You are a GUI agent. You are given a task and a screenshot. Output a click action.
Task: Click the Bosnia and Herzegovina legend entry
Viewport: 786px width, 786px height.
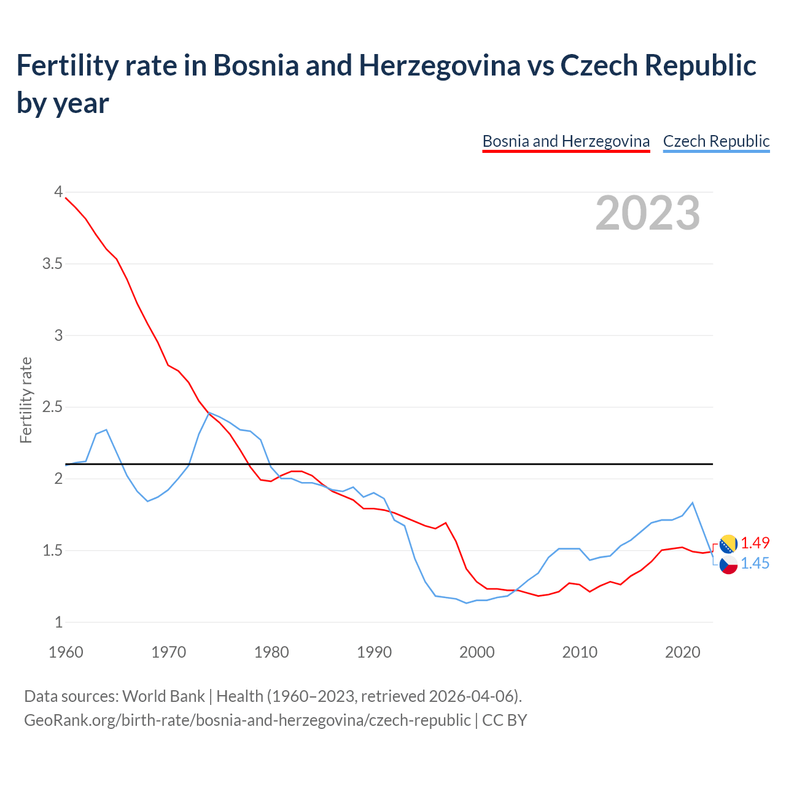pyautogui.click(x=566, y=141)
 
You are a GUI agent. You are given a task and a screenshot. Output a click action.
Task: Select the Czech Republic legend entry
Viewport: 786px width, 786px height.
pyautogui.click(x=716, y=141)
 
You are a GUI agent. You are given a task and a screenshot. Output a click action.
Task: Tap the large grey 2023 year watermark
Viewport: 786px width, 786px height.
pyautogui.click(x=648, y=213)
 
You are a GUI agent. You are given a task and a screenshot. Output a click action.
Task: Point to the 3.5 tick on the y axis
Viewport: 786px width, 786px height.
pyautogui.click(x=52, y=264)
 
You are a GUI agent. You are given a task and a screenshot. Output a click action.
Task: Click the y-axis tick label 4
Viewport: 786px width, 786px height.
pyautogui.click(x=58, y=192)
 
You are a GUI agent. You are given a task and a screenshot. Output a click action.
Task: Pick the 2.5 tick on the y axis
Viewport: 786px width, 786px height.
pyautogui.click(x=52, y=407)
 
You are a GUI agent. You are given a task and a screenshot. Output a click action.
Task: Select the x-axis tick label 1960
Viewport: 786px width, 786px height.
pyautogui.click(x=66, y=652)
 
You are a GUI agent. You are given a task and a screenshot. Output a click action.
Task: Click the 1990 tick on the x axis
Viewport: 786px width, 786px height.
pyautogui.click(x=374, y=652)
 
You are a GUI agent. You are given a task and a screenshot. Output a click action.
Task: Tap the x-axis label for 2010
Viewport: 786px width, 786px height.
pyautogui.click(x=580, y=652)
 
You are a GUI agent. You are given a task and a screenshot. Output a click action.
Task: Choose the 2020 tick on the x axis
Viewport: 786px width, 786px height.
pyautogui.click(x=682, y=652)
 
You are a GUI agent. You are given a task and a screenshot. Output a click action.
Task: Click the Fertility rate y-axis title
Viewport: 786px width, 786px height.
pyautogui.click(x=26, y=400)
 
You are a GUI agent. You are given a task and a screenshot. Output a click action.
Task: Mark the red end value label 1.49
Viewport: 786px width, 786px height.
pyautogui.click(x=755, y=543)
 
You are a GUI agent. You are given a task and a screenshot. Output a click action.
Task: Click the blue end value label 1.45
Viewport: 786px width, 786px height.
pyautogui.click(x=755, y=563)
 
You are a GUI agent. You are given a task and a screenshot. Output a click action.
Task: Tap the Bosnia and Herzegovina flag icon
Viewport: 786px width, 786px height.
pyautogui.click(x=728, y=543)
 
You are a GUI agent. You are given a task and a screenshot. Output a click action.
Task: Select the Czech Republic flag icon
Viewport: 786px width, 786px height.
pyautogui.click(x=728, y=564)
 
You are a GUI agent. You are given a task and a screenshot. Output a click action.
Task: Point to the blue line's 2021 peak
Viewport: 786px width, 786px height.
pyautogui.click(x=693, y=503)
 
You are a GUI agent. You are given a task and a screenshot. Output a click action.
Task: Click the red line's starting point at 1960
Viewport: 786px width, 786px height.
pyautogui.click(x=66, y=198)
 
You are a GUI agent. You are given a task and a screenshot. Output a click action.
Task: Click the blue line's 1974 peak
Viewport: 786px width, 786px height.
pyautogui.click(x=209, y=413)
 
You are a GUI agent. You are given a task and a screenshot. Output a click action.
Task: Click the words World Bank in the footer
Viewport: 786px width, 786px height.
pyautogui.click(x=163, y=696)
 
